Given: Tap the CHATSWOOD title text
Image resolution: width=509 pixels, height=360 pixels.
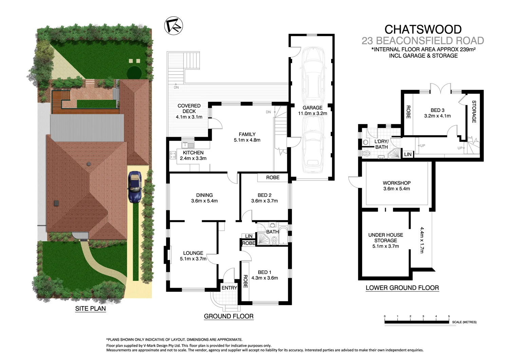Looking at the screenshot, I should coord(422,30).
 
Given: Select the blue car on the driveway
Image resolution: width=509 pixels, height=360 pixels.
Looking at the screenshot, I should coord(134,187).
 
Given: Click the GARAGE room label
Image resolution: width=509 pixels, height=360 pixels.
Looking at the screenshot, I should coord(313,108).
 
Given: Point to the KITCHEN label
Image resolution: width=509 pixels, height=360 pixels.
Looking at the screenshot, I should coord(193,153).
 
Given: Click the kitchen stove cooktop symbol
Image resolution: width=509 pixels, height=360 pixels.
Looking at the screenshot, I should coord(173,155).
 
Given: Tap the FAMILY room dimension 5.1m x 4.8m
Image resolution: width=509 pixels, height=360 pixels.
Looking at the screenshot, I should coord(247,140).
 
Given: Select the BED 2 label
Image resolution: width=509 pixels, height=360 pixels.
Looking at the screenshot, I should coord(264,195).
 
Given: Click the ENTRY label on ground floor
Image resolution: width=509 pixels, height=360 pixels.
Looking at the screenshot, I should coord(229,288).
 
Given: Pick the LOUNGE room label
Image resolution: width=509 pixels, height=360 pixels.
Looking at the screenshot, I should coord(193,253).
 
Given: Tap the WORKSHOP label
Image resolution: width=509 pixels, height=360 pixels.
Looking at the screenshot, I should coord(396,183).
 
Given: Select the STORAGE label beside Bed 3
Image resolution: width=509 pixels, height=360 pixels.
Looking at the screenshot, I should coord(474,112).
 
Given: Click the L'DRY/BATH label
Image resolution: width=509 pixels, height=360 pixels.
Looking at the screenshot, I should coord(381,144).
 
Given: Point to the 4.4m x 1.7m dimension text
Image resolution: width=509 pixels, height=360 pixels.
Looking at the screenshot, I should coord(422,240).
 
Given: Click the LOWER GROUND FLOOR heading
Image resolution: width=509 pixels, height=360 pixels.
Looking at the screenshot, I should coord(402,288).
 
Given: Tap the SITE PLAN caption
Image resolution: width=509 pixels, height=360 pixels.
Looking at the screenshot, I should coord(90,308).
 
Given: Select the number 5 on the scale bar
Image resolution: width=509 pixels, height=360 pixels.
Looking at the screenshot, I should coord(449,316).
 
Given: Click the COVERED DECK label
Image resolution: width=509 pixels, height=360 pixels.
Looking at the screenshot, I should coord(189,109).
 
